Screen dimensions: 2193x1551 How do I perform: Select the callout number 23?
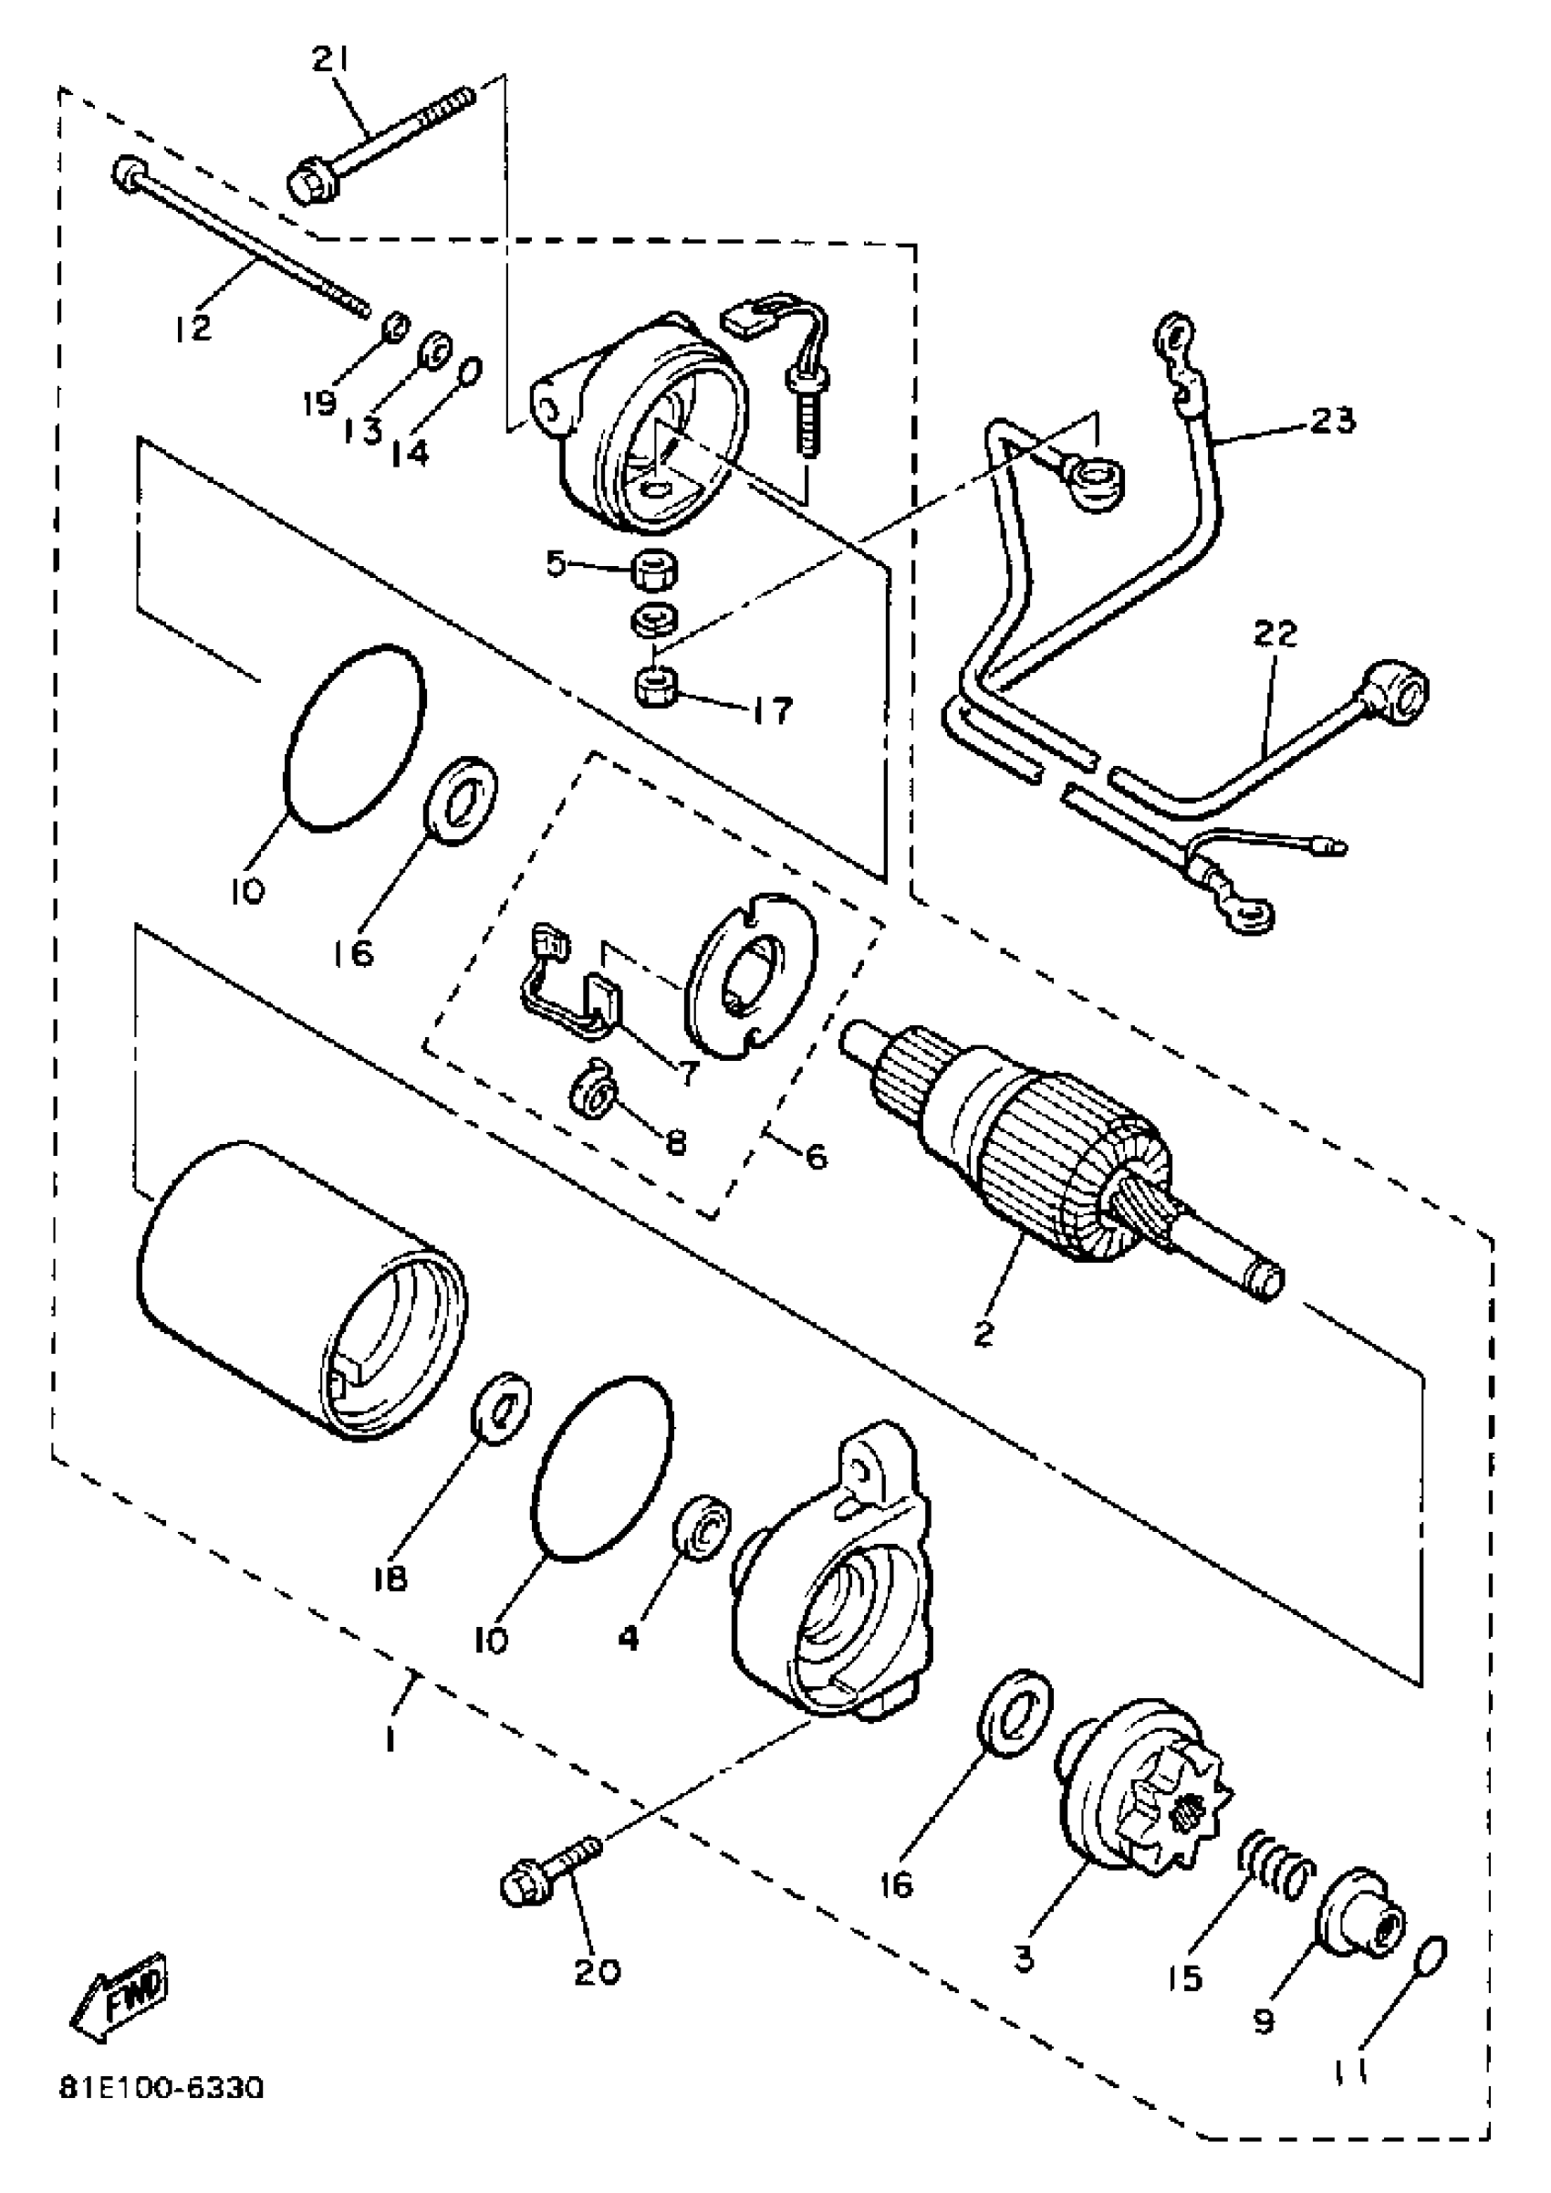[x=1332, y=419]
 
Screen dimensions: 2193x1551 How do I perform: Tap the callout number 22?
[x=1279, y=633]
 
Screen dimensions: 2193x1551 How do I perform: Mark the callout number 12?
[x=193, y=327]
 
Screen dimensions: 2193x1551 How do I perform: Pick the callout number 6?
[x=815, y=1159]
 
